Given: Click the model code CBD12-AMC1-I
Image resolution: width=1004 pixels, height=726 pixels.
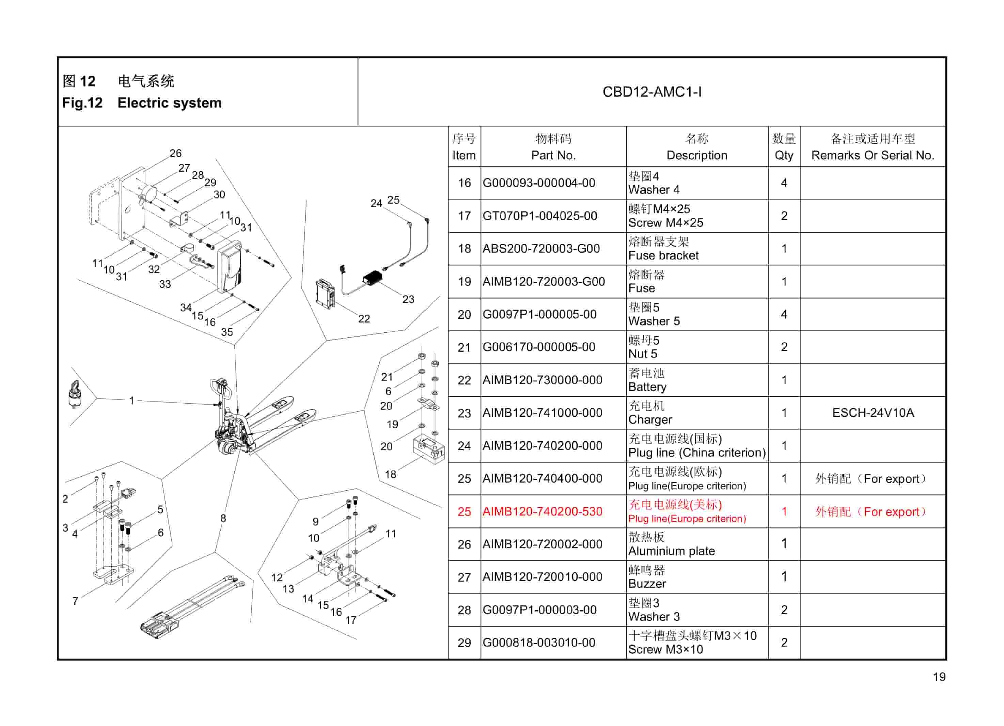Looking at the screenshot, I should pos(652,92).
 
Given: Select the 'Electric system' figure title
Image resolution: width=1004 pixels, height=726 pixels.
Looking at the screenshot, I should pos(169,103).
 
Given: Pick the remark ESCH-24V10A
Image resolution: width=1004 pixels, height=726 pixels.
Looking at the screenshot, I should pos(873,413).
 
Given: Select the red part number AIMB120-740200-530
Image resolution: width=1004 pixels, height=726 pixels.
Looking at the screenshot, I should pos(542,512).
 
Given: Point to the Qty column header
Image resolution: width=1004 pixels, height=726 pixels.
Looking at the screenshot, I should pos(784,147).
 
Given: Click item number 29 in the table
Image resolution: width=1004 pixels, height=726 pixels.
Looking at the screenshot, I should pos(464,643).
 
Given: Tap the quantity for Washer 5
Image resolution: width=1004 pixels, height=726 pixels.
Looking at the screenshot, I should pos(784,314).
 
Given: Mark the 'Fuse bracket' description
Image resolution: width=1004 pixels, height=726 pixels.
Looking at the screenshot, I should pos(663,256).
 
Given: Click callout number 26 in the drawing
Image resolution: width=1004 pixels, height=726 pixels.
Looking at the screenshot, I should pos(176,153).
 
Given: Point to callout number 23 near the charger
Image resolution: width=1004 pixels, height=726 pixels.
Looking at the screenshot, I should pos(408,299).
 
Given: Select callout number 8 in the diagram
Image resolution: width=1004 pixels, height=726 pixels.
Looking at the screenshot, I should pos(223,518).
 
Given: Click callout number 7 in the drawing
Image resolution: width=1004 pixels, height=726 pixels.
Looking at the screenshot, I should pos(75,601).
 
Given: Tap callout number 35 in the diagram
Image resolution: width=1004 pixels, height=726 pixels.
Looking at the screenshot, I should pos(227,332).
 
